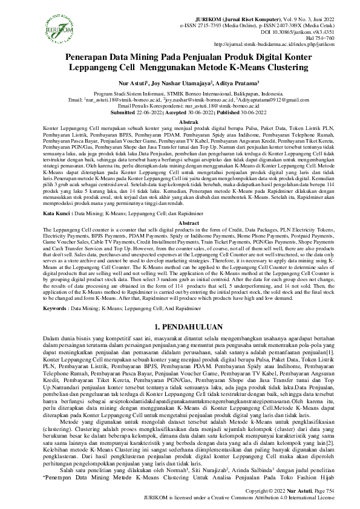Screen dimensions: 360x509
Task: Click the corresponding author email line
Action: click(180, 106)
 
